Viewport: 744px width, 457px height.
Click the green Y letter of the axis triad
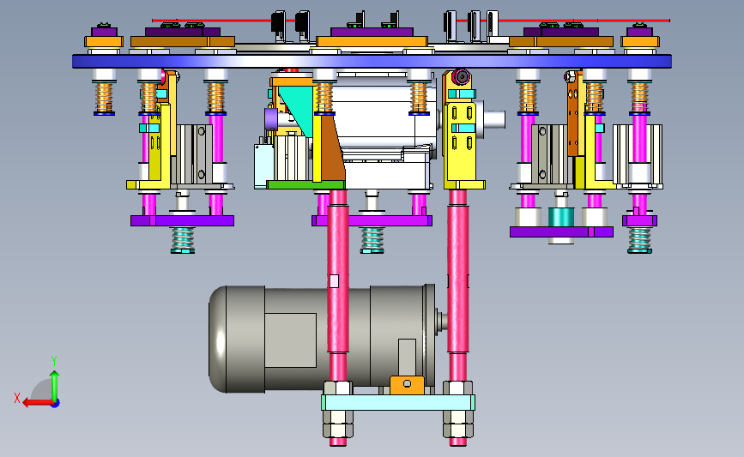coord(54,361)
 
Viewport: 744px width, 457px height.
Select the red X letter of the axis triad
coord(17,398)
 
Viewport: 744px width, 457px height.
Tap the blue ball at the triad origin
coord(55,404)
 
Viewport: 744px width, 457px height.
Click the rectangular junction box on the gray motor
coord(290,340)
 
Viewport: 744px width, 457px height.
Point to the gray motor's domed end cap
coord(217,340)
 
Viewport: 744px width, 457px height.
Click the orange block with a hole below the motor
coord(407,385)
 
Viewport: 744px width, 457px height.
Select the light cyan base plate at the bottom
coord(398,402)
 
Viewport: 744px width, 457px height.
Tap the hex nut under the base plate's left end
coord(338,424)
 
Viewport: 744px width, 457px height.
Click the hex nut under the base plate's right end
coord(458,424)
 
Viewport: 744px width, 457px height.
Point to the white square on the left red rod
coord(334,281)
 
